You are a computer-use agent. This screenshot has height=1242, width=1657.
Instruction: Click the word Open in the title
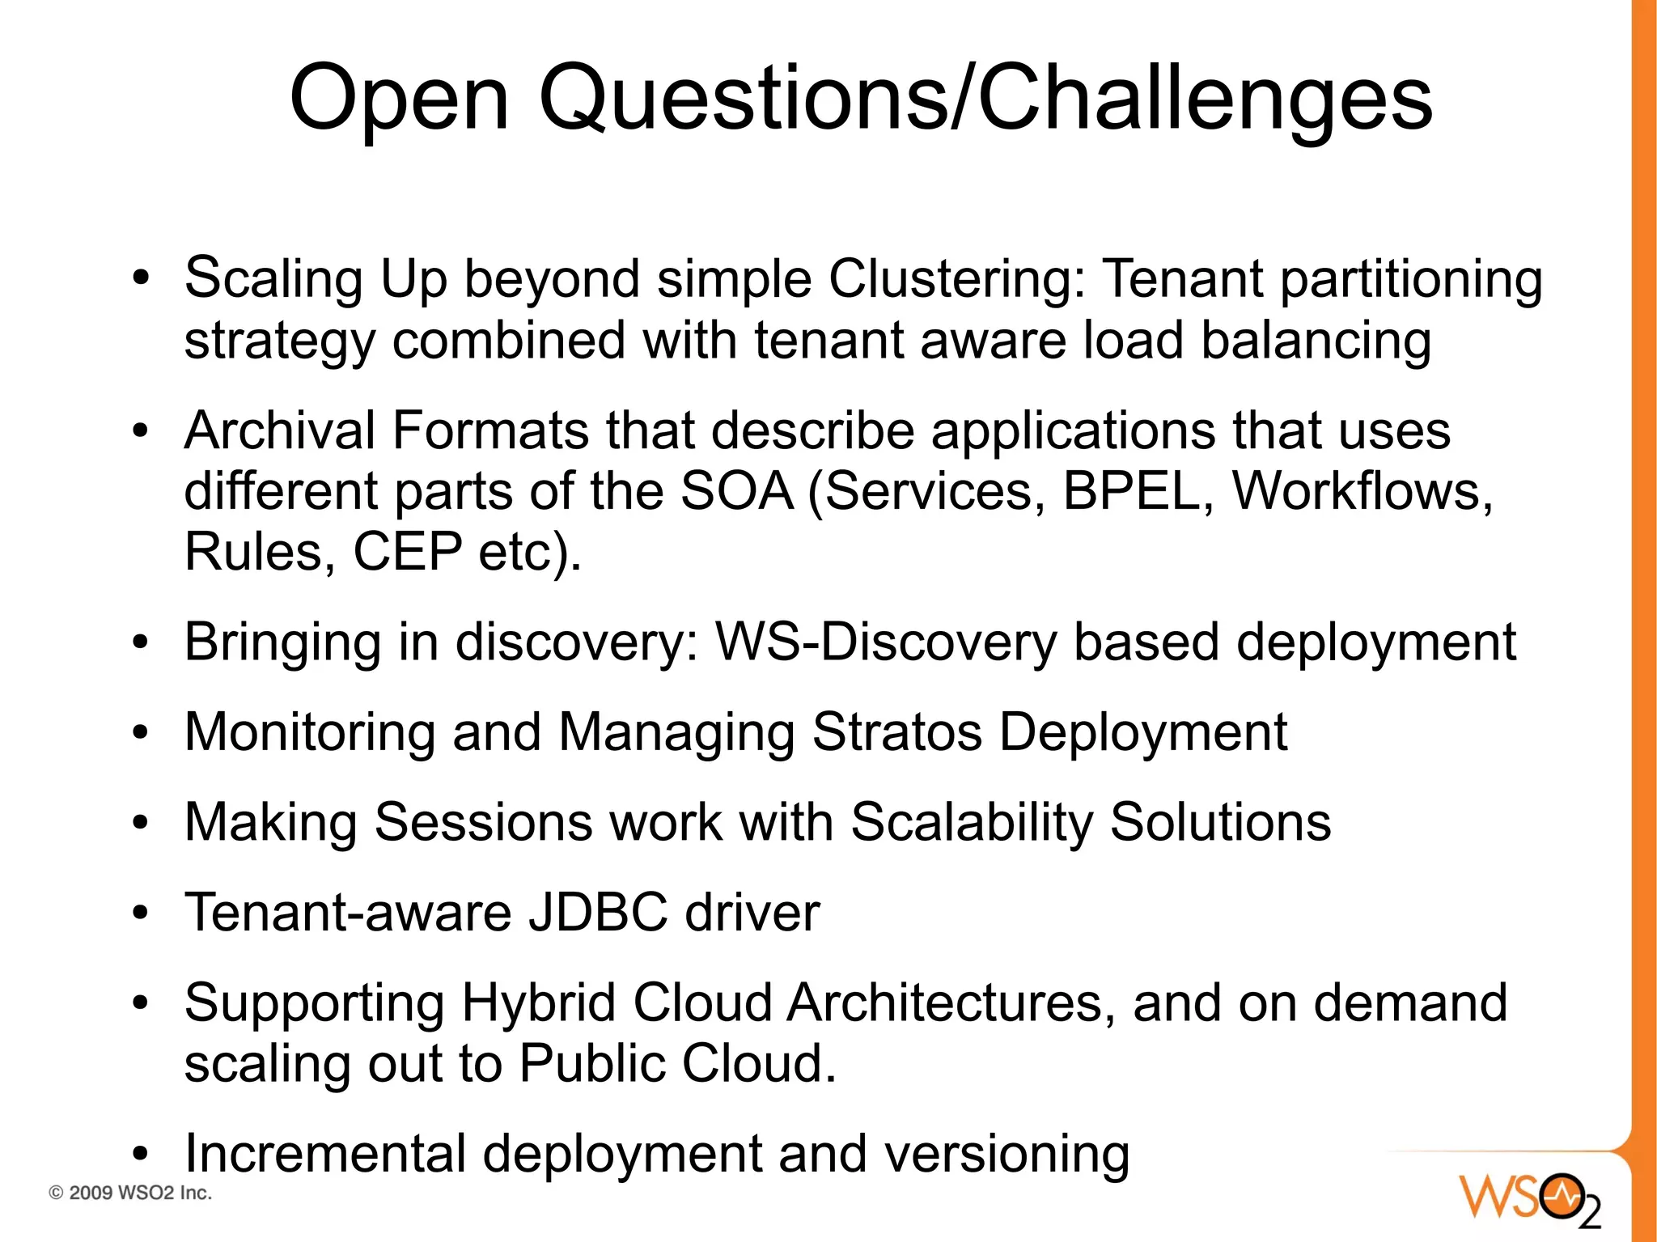(x=399, y=99)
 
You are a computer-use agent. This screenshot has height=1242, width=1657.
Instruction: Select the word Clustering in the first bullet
(x=956, y=279)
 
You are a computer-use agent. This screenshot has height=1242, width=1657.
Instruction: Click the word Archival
(x=279, y=430)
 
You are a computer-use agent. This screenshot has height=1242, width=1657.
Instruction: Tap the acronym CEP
(x=407, y=552)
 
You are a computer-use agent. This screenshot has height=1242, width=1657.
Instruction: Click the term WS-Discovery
(x=886, y=642)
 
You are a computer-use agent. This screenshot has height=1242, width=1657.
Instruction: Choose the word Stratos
(x=896, y=732)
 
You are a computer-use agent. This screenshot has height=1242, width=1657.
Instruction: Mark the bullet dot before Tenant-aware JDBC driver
(x=142, y=913)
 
